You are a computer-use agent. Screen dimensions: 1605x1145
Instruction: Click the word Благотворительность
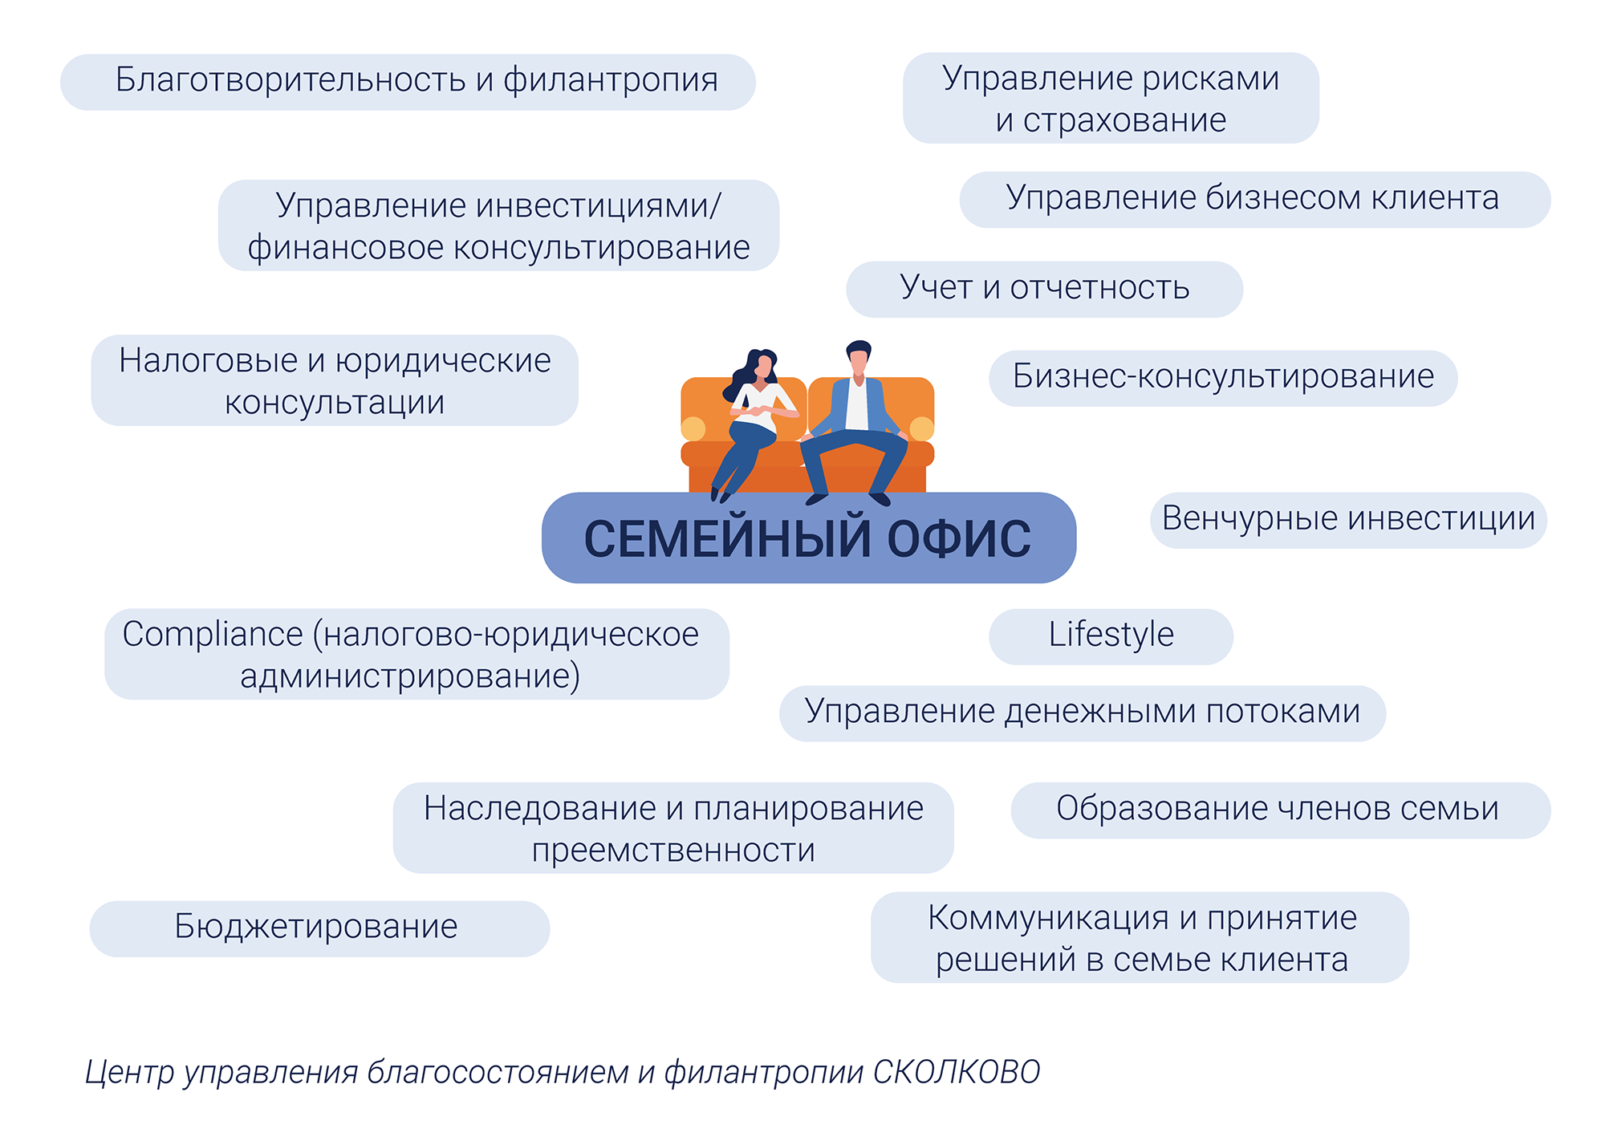tap(290, 79)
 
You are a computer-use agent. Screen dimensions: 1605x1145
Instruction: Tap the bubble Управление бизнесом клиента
tap(1254, 200)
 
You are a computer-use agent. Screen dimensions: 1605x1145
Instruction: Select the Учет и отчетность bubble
tap(1044, 289)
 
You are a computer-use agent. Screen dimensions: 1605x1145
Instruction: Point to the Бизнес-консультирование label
tap(1223, 378)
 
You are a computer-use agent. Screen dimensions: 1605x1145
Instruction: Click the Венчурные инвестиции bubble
tap(1348, 520)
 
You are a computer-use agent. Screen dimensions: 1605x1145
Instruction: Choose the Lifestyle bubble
tap(1111, 636)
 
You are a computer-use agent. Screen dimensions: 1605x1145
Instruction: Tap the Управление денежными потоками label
tap(1083, 713)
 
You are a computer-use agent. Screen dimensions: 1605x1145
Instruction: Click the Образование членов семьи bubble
tap(1280, 810)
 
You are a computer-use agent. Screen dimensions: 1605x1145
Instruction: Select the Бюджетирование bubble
tap(319, 928)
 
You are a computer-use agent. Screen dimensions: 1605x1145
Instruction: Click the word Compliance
tap(212, 634)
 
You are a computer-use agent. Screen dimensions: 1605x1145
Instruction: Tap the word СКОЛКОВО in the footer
tap(957, 1072)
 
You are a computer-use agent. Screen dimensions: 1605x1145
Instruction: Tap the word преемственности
tap(673, 850)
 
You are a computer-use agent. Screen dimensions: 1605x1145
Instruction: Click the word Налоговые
tap(209, 360)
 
